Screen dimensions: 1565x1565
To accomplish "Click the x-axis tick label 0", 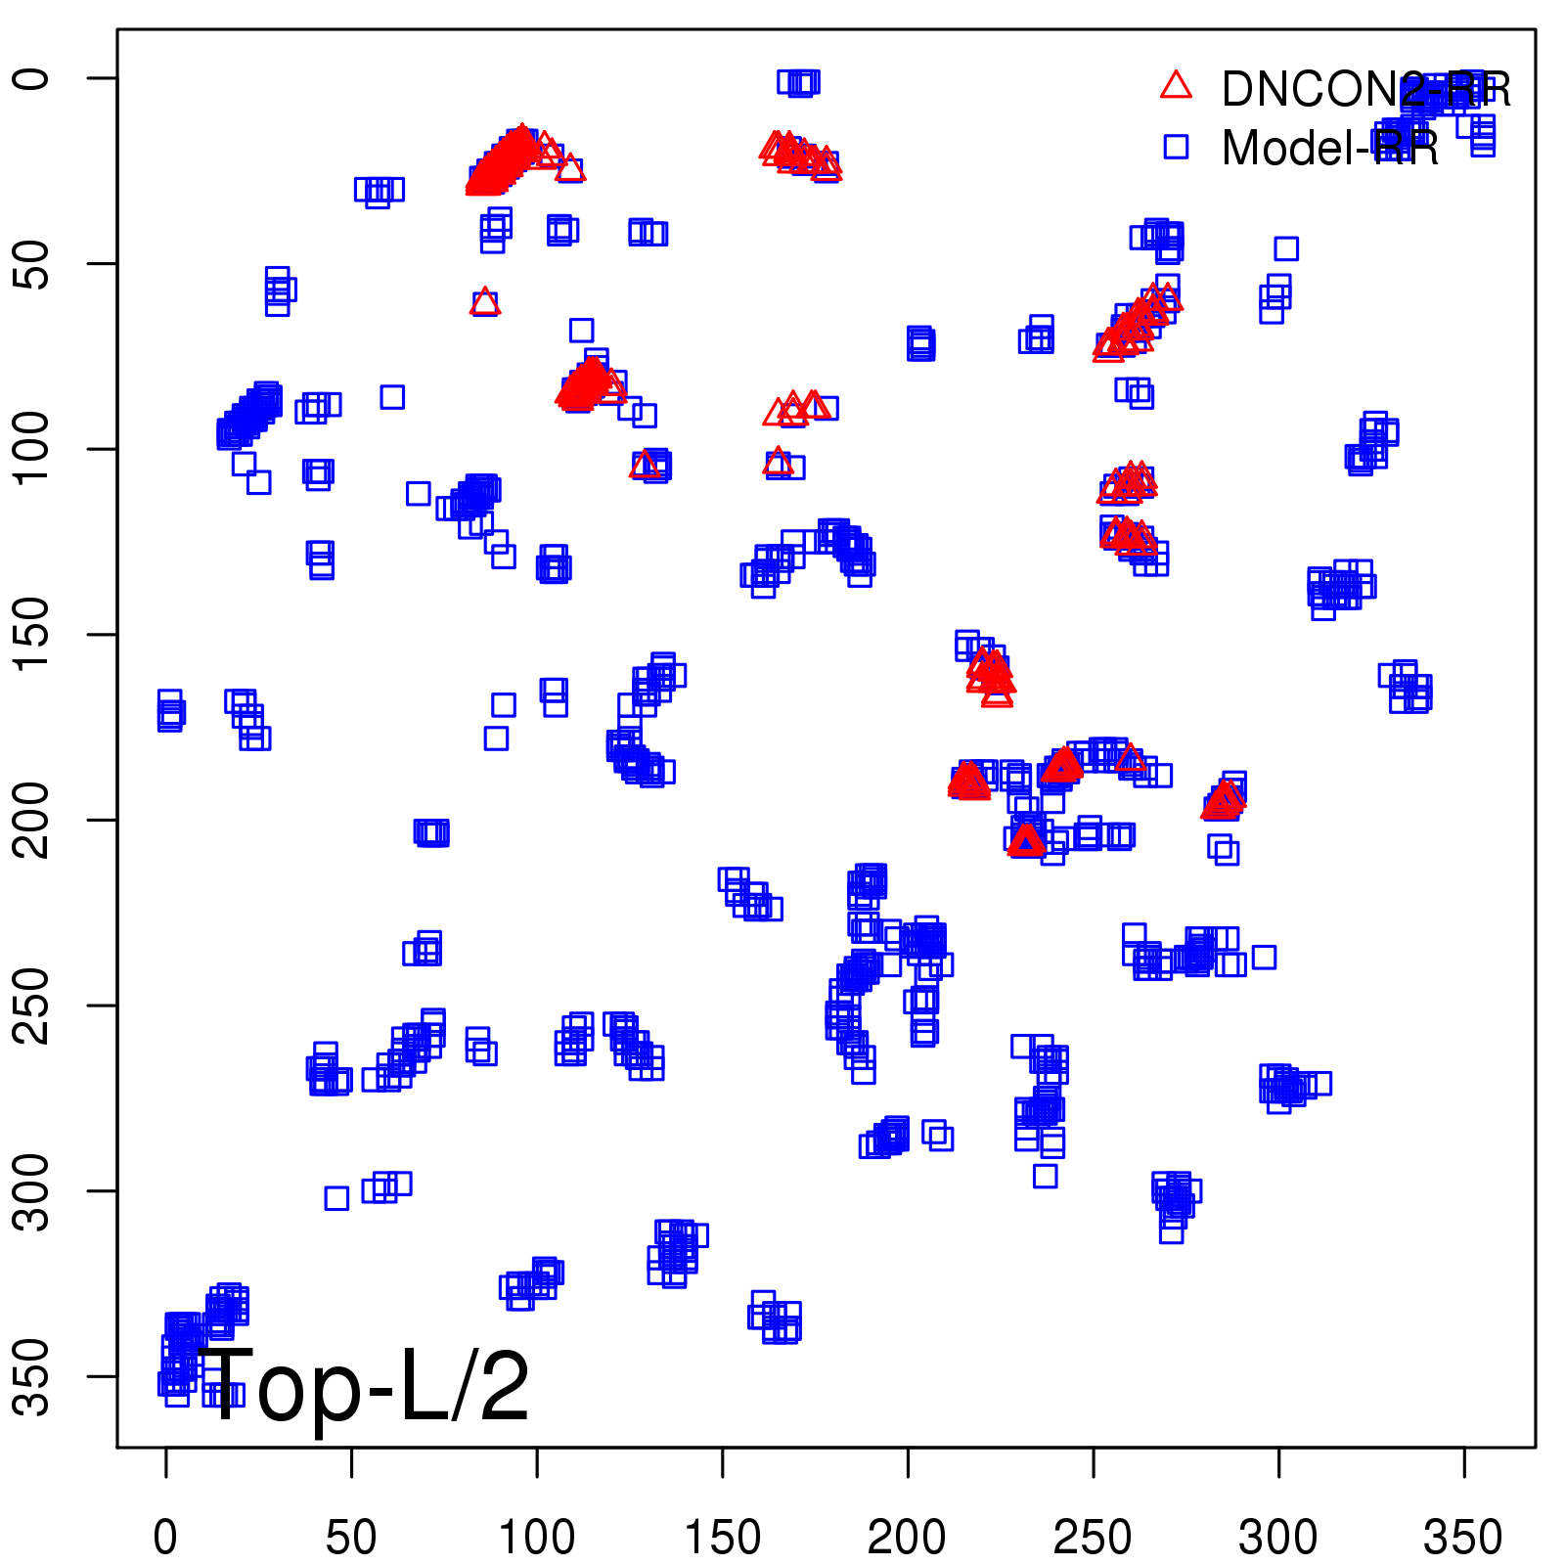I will coord(165,1539).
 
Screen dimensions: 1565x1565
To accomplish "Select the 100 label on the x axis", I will coord(536,1539).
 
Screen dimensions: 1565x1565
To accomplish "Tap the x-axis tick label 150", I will coord(722,1539).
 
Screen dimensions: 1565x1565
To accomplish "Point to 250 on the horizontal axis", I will coord(1093,1539).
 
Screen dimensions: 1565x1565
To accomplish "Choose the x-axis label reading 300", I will coord(1277,1539).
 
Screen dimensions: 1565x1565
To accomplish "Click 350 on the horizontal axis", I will coord(1463,1539).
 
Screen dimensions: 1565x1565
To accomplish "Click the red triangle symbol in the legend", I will coord(1176,86).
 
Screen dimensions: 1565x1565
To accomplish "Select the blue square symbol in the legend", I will coord(1176,147).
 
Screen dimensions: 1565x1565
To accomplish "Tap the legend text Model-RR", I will coord(1330,149).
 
